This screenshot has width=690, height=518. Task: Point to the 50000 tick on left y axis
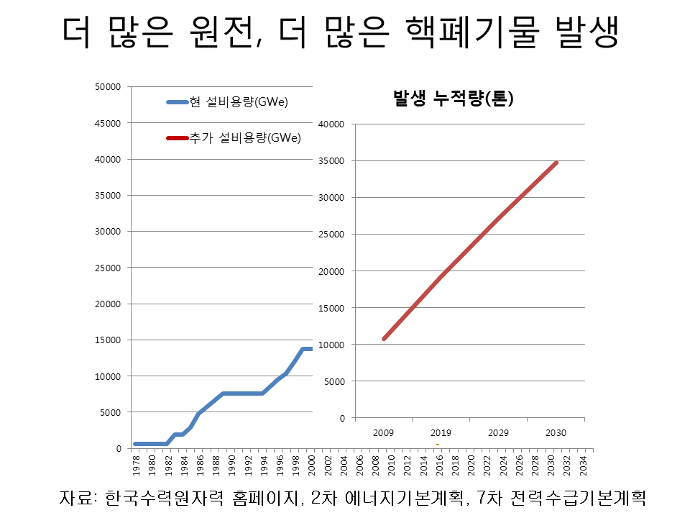click(109, 87)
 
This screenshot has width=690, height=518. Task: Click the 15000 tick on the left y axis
click(109, 340)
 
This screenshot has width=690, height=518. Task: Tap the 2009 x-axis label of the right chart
click(383, 433)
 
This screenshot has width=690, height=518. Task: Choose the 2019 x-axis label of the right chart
click(441, 433)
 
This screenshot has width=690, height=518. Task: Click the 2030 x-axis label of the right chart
click(556, 433)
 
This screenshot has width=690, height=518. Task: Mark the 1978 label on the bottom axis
click(137, 463)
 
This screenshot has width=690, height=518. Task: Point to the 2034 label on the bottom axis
click(582, 463)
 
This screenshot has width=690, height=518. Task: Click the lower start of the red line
click(384, 338)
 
